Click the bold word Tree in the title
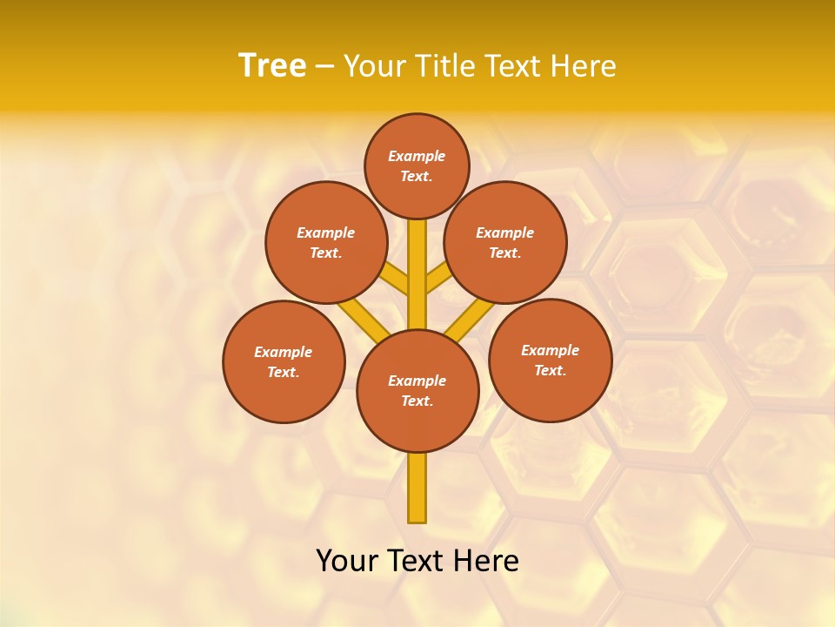pyautogui.click(x=272, y=65)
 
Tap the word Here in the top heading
pyautogui.click(x=582, y=65)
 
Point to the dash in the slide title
pyautogui.click(x=324, y=67)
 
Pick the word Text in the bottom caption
pyautogui.click(x=415, y=561)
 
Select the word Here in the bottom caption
pyautogui.click(x=485, y=561)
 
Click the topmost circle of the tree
pyautogui.click(x=417, y=165)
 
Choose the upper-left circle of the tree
pyautogui.click(x=326, y=242)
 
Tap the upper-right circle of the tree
pyautogui.click(x=505, y=242)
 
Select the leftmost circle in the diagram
pyautogui.click(x=284, y=361)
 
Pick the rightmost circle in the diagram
pyautogui.click(x=550, y=360)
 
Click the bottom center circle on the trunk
pyautogui.click(x=417, y=391)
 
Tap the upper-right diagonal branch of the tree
pyautogui.click(x=438, y=280)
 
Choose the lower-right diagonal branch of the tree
pyautogui.click(x=470, y=320)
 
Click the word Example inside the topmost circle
pyautogui.click(x=417, y=156)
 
